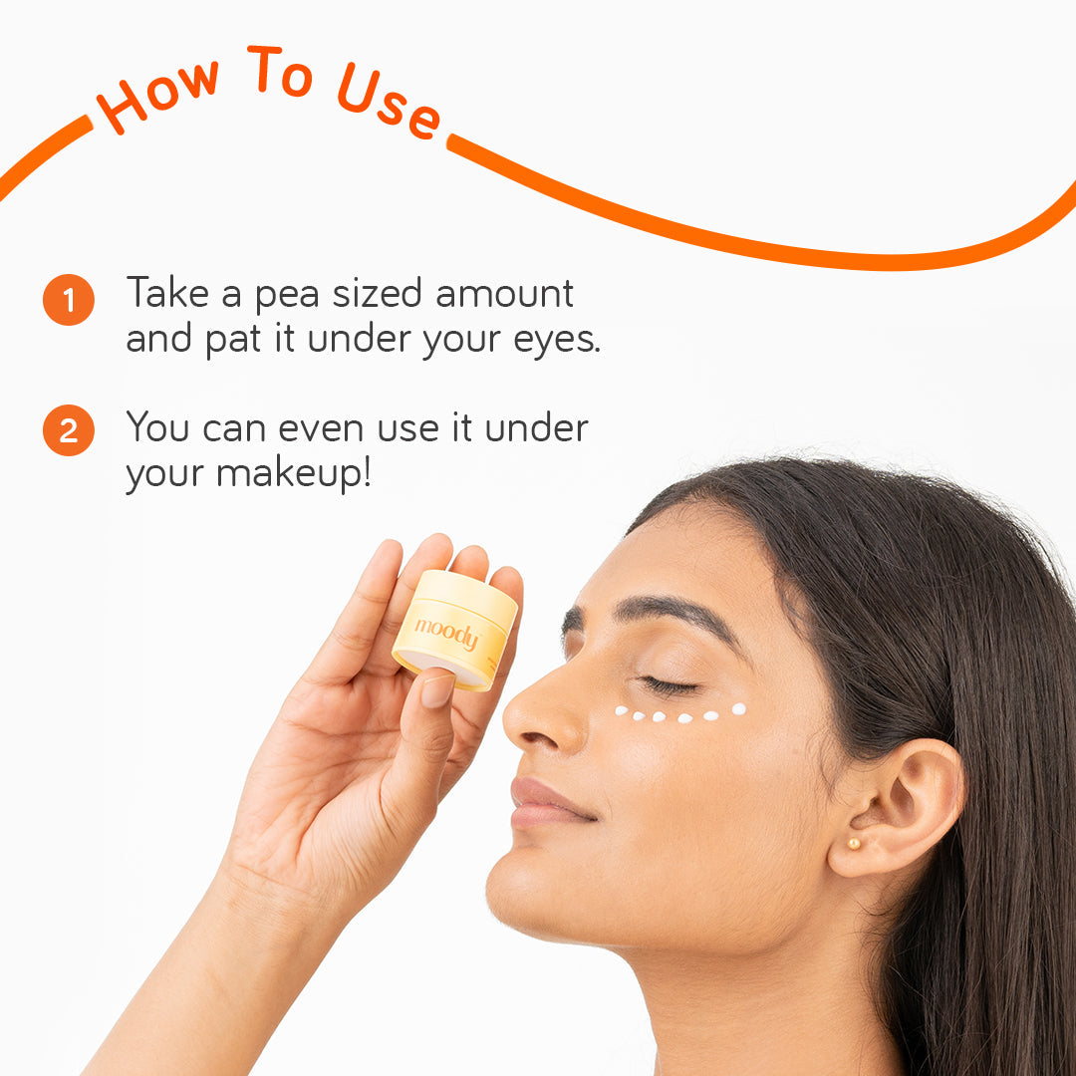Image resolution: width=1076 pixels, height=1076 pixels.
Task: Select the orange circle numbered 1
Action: pos(69,300)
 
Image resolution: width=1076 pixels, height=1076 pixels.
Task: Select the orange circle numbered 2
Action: pos(69,430)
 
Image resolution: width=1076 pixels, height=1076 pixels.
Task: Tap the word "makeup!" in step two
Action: pos(294,473)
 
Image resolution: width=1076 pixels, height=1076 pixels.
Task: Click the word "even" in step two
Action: pos(321,429)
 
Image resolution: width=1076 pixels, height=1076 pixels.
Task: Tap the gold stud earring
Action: pos(854,844)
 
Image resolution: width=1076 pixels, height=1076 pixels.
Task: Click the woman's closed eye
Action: pos(665,684)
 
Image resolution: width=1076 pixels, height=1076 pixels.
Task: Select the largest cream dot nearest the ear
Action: pos(738,709)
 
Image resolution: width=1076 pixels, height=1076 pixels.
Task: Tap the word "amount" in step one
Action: pos(504,294)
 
